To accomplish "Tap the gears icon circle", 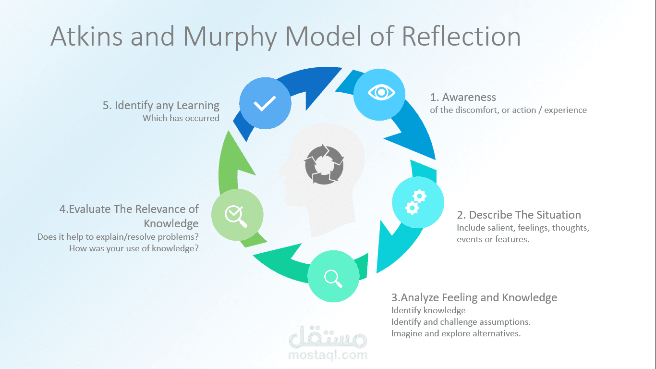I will click(x=418, y=202).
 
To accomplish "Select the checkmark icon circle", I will click(x=265, y=104).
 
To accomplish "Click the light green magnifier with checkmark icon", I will click(x=237, y=214).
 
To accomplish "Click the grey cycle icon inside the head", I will click(x=324, y=165).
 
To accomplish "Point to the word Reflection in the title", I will click(x=461, y=37).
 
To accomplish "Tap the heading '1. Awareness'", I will click(x=463, y=97).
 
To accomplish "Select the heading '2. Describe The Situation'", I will click(x=519, y=215).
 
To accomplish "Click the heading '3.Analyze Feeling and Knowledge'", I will click(x=474, y=297).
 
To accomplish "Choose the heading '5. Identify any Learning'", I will click(x=161, y=105).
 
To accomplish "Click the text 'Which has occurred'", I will click(x=181, y=118).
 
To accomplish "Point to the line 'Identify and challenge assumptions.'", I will click(x=461, y=322).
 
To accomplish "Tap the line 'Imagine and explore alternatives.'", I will click(x=456, y=333).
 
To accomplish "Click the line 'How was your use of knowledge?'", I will click(x=134, y=248).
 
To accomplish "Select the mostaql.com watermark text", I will click(x=328, y=356).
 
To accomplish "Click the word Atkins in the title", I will click(x=86, y=37).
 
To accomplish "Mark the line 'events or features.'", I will click(x=493, y=239).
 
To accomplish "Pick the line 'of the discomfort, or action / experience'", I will click(x=508, y=110).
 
